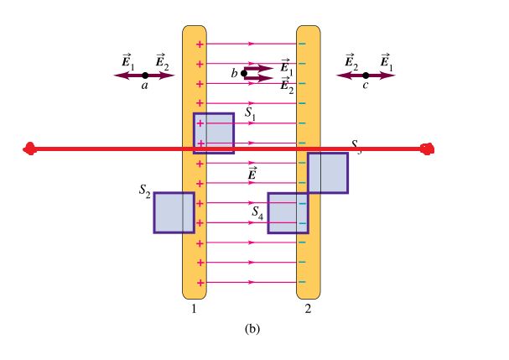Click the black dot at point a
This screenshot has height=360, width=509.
tap(145, 76)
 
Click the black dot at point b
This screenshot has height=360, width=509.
tap(244, 73)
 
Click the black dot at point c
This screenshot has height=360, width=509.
tap(366, 76)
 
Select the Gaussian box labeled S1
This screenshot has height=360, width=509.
tap(214, 133)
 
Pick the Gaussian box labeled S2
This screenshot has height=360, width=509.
tap(174, 212)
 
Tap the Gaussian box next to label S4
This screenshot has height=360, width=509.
tap(288, 213)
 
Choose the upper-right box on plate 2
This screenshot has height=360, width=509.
tap(327, 173)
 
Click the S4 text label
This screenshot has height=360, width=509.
tap(259, 213)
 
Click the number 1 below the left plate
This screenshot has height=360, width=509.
tap(194, 309)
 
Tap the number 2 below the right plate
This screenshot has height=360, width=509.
tap(308, 309)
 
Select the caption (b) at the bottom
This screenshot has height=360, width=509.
tap(252, 329)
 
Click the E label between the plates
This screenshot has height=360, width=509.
tap(252, 174)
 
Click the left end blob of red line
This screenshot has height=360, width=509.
tap(31, 150)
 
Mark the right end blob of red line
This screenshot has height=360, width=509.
tap(428, 149)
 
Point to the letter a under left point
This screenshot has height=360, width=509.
tap(144, 86)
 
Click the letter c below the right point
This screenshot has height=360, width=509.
tap(365, 86)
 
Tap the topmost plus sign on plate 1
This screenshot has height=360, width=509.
tap(200, 44)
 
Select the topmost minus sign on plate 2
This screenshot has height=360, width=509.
tap(302, 44)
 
